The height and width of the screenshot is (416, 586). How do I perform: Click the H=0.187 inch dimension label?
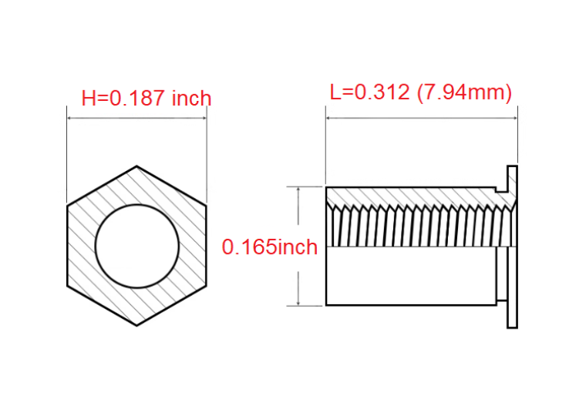click(146, 98)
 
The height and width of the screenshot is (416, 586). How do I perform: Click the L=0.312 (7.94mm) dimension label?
click(421, 92)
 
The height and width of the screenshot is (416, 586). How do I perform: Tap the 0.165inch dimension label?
click(269, 247)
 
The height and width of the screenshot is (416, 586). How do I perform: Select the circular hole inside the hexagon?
click(137, 246)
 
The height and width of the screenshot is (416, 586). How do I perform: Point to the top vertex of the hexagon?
click(136, 166)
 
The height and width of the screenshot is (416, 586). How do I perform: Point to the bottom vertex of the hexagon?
click(136, 326)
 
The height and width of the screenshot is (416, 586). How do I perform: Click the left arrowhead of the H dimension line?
click(70, 118)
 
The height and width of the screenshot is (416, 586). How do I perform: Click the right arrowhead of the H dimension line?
click(204, 118)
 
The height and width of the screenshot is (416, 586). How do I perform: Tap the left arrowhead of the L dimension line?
click(329, 118)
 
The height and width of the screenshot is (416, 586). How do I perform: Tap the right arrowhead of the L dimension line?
click(514, 118)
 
